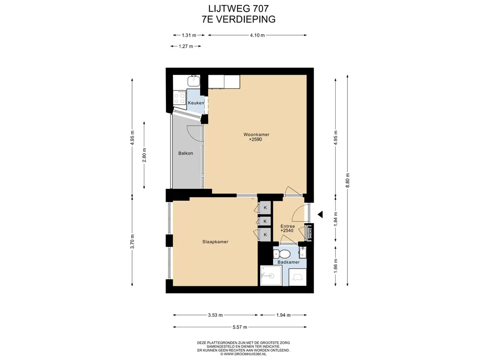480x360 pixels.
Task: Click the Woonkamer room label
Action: [x=256, y=135]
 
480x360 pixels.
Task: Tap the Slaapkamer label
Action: [x=215, y=242]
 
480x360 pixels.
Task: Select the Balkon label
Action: [x=186, y=153]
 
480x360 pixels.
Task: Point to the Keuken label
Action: [x=195, y=103]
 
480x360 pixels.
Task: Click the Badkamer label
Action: [x=288, y=262]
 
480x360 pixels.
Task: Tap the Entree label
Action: [x=288, y=226]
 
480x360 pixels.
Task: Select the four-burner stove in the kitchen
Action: [x=180, y=98]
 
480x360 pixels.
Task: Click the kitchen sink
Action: [x=194, y=81]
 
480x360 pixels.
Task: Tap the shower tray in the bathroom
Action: [x=271, y=276]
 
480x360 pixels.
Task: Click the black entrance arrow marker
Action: [x=320, y=215]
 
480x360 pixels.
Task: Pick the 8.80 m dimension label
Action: [x=347, y=180]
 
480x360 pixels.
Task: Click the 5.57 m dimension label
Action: [x=240, y=327]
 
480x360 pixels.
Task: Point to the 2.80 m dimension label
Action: [x=144, y=155]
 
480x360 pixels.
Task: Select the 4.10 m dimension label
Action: [x=257, y=35]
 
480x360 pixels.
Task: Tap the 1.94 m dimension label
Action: [x=283, y=315]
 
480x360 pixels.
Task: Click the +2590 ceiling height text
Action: [x=255, y=140]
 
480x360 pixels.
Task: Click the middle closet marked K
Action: [x=265, y=221]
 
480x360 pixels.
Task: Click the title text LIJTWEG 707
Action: [x=239, y=8]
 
